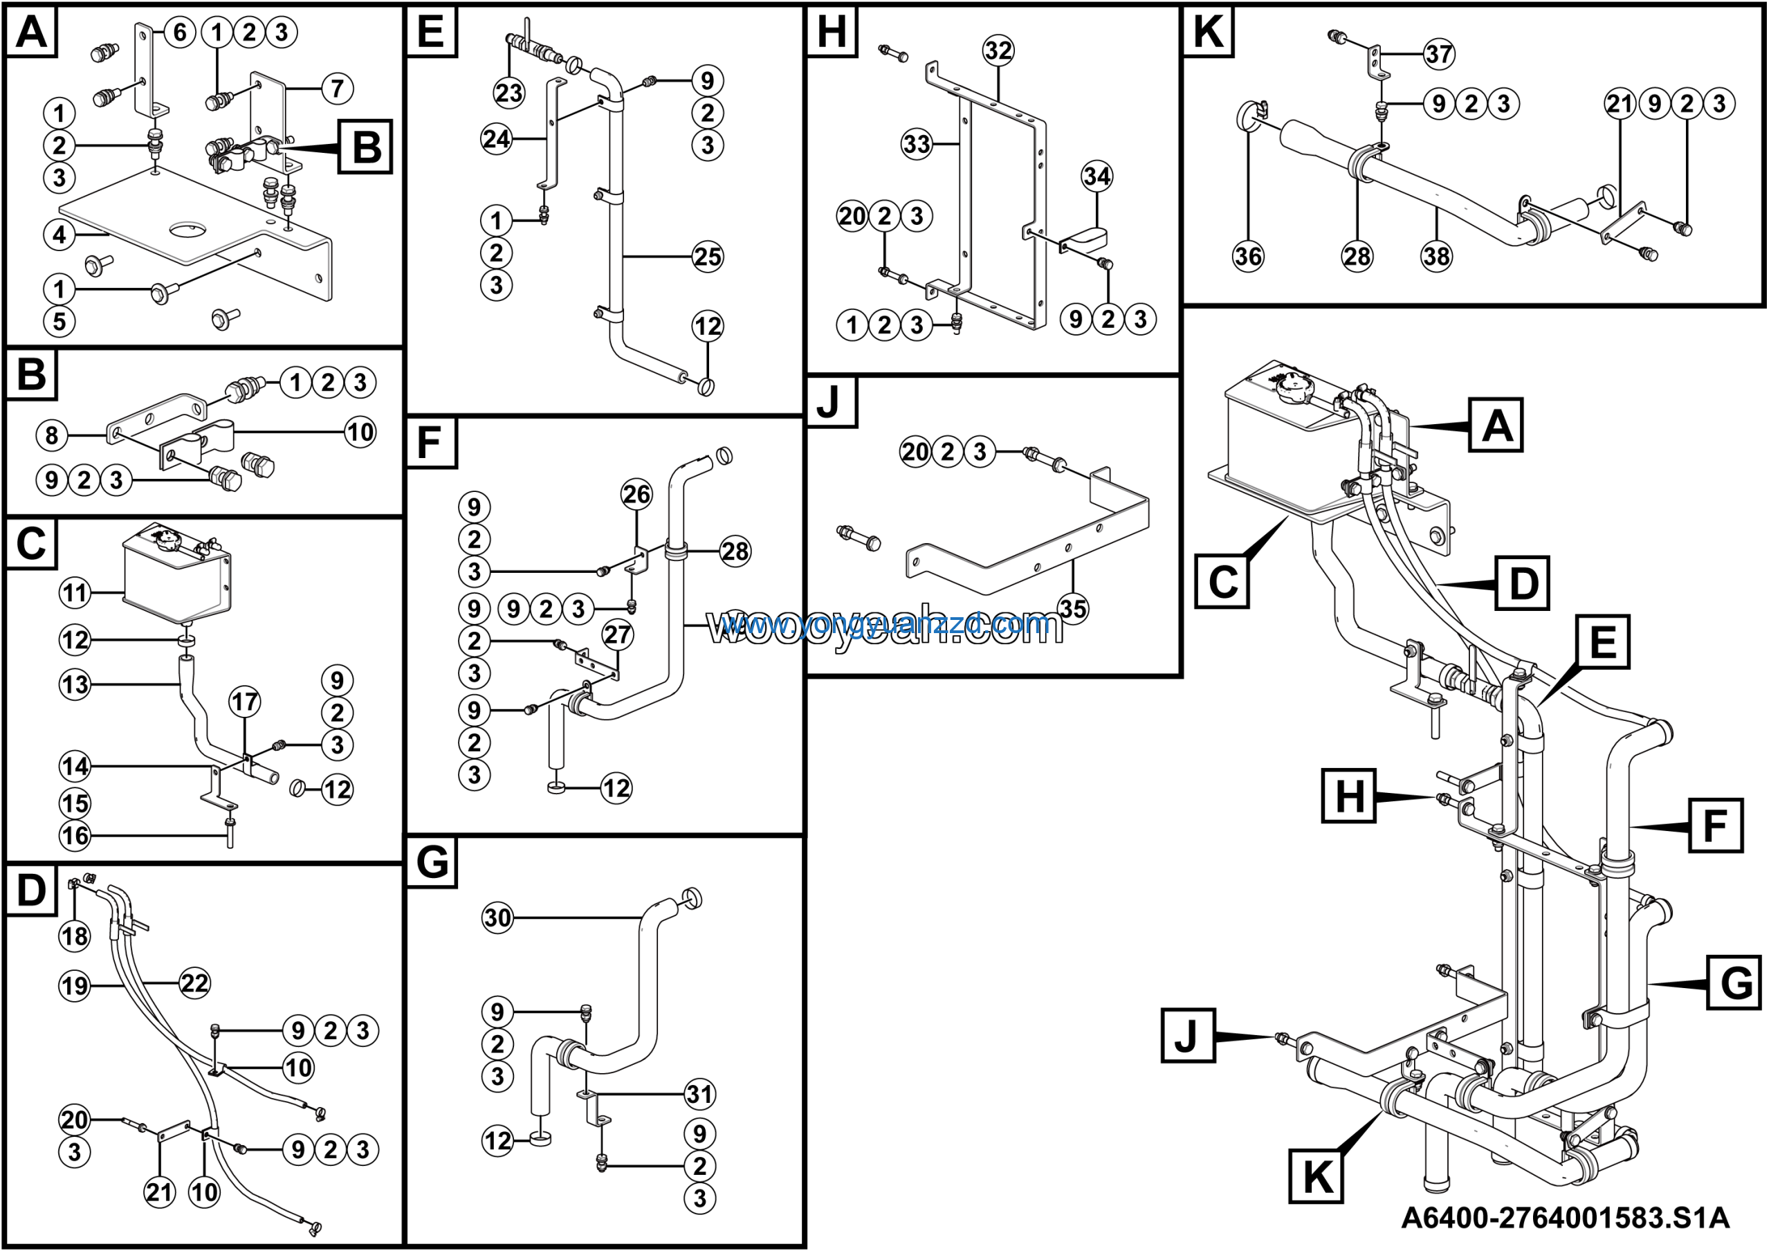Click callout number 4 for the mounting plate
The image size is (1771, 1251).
click(59, 235)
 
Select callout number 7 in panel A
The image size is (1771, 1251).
click(337, 89)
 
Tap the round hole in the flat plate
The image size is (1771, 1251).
click(188, 229)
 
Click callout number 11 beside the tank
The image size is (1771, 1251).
click(75, 592)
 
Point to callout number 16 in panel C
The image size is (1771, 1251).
click(75, 835)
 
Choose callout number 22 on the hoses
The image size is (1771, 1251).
click(194, 983)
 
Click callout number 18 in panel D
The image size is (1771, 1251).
click(75, 935)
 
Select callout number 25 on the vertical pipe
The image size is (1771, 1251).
click(707, 256)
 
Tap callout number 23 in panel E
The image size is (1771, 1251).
click(508, 93)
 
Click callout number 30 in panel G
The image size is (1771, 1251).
click(497, 917)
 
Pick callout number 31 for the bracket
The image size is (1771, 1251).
click(699, 1094)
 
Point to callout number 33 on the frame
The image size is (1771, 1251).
click(917, 143)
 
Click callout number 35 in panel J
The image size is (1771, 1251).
click(1073, 608)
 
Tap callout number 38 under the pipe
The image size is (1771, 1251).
click(1436, 255)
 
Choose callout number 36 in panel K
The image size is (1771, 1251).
click(1248, 255)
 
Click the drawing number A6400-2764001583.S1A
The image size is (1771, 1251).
click(1565, 1218)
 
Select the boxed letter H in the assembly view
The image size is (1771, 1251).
click(1349, 796)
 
